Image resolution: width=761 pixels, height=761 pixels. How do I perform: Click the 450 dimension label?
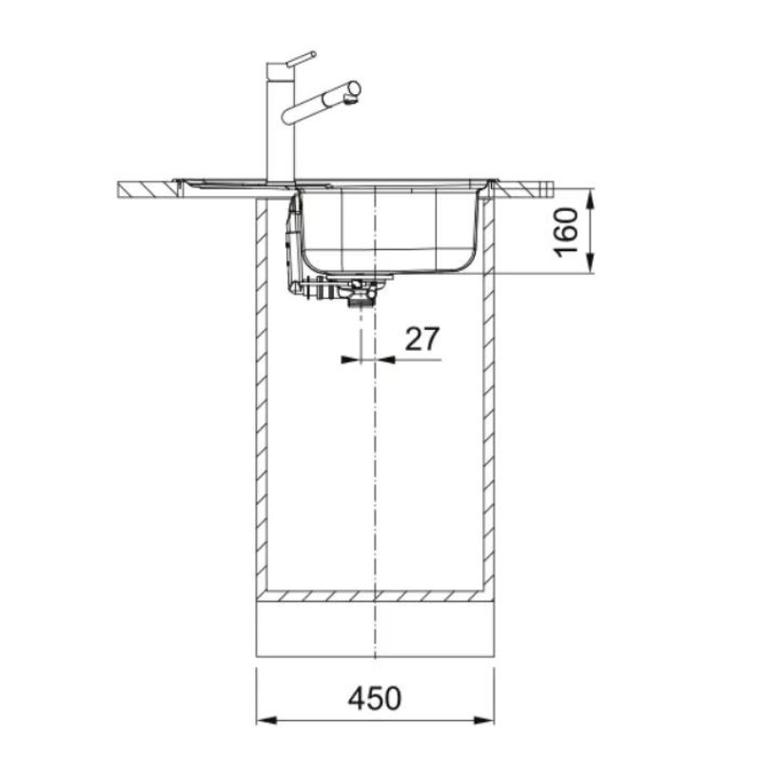pyautogui.click(x=375, y=698)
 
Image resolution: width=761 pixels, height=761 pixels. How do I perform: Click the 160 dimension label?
pyautogui.click(x=566, y=232)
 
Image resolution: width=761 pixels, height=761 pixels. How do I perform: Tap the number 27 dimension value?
pyautogui.click(x=422, y=339)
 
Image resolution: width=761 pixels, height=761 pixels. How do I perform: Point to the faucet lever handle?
pyautogui.click(x=302, y=58)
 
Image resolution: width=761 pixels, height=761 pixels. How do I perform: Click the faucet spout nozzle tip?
pyautogui.click(x=349, y=99)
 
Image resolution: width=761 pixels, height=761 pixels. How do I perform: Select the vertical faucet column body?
pyautogui.click(x=281, y=123)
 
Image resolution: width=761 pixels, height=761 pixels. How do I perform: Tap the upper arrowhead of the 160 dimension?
pyautogui.click(x=590, y=199)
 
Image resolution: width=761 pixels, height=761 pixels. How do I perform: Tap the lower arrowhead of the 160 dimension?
pyautogui.click(x=590, y=263)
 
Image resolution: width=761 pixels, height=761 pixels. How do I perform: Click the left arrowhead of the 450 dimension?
pyautogui.click(x=266, y=720)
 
